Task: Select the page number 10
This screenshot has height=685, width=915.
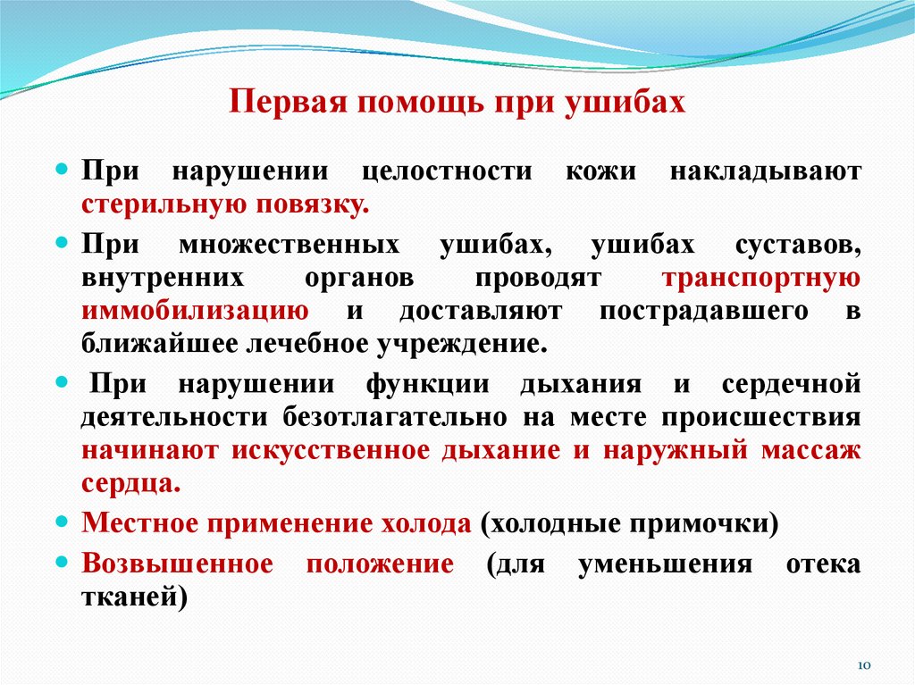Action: point(864,665)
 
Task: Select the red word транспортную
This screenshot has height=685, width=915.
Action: point(761,277)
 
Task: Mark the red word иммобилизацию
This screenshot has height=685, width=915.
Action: point(196,310)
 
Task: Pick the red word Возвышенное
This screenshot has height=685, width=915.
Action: point(177,564)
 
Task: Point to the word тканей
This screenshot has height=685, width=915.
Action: point(134,597)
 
